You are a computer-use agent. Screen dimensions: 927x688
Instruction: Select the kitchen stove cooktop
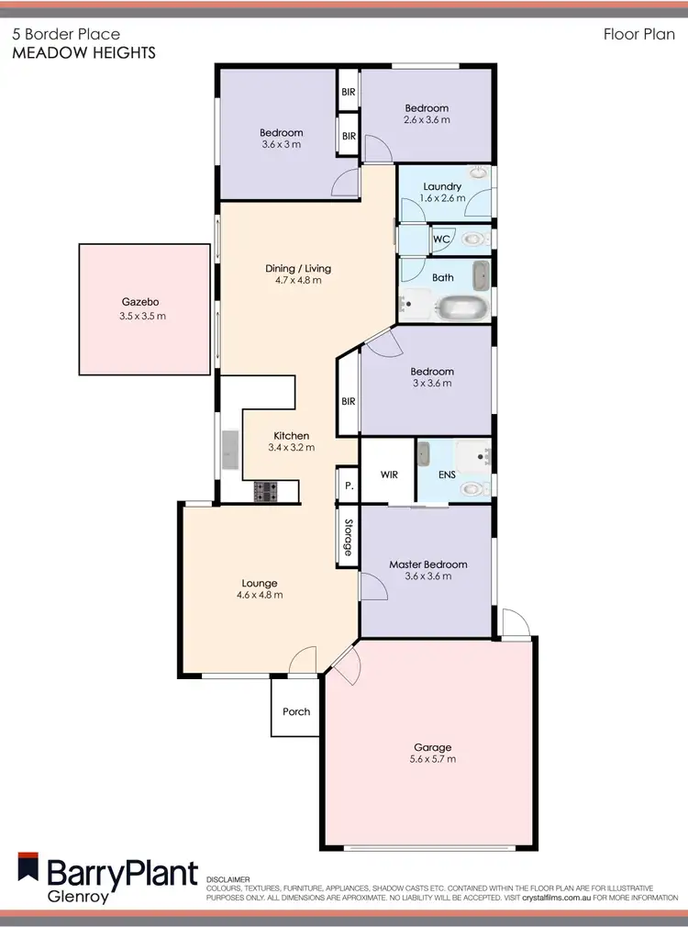coord(266,492)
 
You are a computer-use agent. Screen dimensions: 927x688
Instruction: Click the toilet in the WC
coord(471,240)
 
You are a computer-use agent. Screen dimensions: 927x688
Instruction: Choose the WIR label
coord(388,475)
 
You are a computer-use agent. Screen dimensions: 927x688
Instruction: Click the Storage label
coord(348,538)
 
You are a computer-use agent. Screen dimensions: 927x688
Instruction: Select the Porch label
coord(296,711)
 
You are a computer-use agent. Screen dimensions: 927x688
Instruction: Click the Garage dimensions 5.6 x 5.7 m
coord(432,759)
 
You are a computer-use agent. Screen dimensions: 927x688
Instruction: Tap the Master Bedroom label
coord(427,564)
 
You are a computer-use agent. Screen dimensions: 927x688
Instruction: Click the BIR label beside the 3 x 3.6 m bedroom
coord(348,400)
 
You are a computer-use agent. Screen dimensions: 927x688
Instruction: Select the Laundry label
coord(442,186)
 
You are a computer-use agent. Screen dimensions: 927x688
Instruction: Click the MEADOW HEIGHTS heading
coord(83,53)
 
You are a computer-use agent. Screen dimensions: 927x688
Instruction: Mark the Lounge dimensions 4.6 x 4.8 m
coord(260,595)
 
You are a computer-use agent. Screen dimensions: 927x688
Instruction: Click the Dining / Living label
coord(298,268)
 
